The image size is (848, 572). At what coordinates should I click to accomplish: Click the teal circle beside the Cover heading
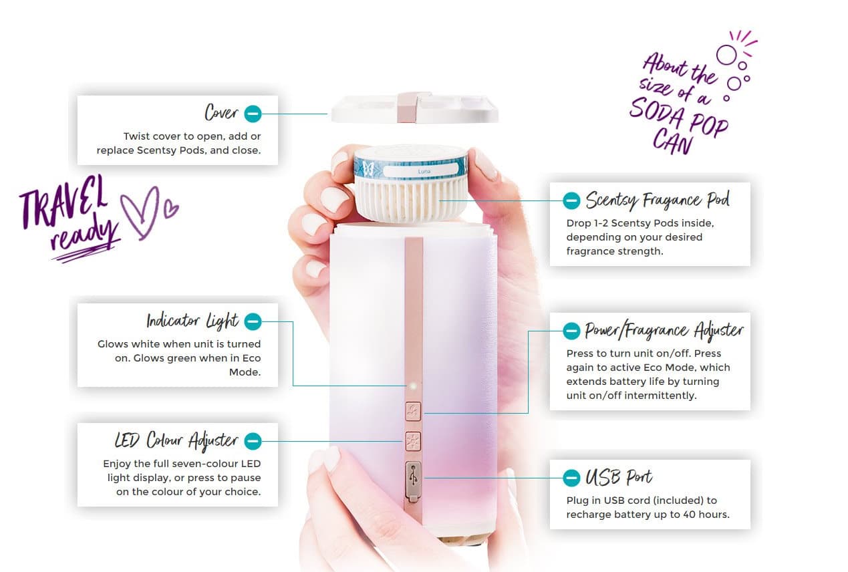point(253,114)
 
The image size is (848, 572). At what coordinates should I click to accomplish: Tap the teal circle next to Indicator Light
point(253,322)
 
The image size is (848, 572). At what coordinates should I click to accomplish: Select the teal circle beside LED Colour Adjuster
point(253,441)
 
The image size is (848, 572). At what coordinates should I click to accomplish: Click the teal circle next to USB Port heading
point(571,478)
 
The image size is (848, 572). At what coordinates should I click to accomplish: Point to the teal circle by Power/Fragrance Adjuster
point(571,331)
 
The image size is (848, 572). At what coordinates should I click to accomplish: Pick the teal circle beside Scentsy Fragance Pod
point(571,200)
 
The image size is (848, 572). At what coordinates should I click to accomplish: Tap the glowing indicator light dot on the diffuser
point(413,386)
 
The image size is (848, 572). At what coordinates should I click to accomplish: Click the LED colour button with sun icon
point(413,441)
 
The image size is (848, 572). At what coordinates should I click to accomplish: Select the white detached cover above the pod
point(414,108)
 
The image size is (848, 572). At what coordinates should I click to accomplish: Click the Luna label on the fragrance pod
point(424,172)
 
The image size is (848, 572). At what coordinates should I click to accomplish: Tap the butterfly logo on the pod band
point(368,168)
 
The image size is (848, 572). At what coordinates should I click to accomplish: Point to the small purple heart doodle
point(170,208)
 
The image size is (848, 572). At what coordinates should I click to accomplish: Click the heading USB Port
point(619,477)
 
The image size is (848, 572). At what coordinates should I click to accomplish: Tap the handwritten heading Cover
point(221,112)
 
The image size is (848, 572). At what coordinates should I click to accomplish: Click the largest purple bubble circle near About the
point(726,55)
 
